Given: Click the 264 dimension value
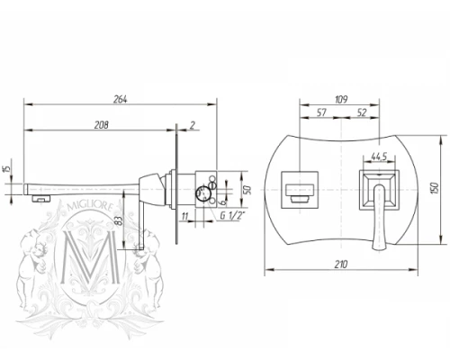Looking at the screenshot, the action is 120,99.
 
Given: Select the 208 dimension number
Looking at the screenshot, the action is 102,125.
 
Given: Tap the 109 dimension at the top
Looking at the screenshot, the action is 341,99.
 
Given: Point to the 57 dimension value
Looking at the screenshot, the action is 321,112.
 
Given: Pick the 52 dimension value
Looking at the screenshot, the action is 362,112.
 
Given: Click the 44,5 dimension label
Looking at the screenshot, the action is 379,157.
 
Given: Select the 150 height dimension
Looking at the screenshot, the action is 435,188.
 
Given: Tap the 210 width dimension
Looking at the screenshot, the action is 341,265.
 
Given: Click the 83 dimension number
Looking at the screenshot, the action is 119,221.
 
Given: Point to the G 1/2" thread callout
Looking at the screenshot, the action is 232,215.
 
